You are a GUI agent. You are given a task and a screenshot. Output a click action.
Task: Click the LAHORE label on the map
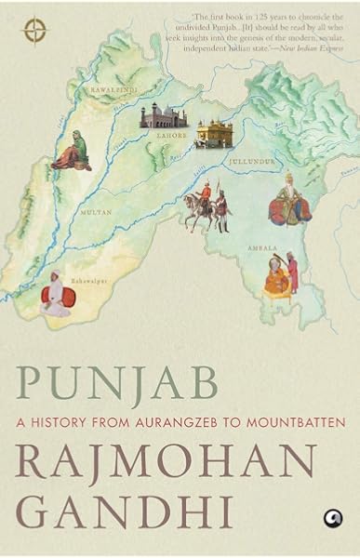coord(177,135)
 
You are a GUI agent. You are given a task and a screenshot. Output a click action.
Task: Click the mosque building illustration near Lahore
coord(159,116)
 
